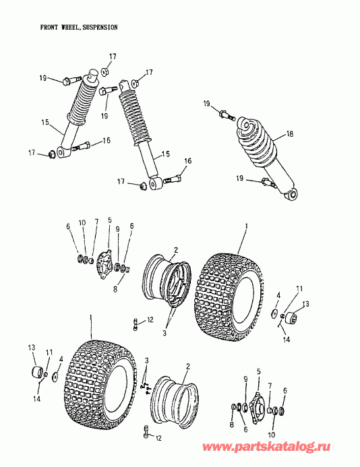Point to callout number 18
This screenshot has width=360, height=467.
[290, 134]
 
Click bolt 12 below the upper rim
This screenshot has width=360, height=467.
[136, 323]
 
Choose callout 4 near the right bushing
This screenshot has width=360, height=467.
[278, 294]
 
